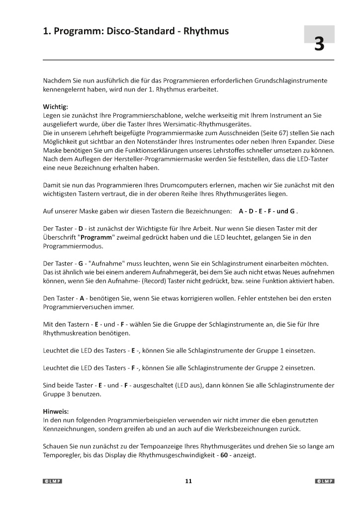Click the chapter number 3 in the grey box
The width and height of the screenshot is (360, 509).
pos(319,44)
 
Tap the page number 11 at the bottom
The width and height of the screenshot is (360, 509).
pos(188,481)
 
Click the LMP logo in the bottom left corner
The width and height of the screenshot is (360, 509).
pos(53,481)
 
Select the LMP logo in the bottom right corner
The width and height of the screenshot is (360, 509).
pos(325,481)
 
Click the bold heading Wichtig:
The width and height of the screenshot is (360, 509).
pos(56,106)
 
